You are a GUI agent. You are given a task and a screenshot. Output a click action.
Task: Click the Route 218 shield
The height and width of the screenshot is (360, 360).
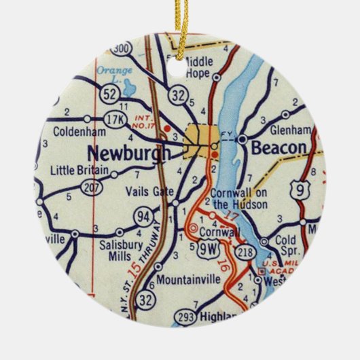tap(244, 251)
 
